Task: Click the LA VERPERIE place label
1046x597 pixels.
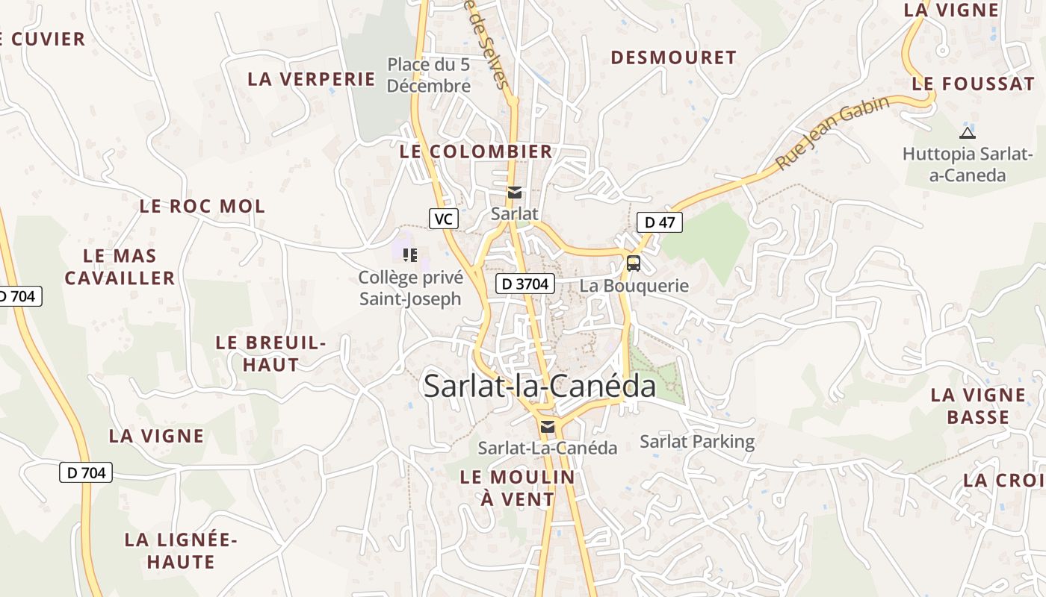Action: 311,78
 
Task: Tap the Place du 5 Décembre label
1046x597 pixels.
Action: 429,75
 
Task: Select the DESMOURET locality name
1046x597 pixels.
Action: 673,57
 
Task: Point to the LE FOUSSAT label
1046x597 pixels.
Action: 973,84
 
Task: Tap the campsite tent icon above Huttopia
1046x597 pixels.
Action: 967,133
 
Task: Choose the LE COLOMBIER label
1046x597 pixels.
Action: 476,151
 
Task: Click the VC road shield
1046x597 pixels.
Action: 444,219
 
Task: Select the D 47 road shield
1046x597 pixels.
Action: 660,222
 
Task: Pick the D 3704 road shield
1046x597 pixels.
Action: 525,284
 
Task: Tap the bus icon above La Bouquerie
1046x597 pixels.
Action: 633,263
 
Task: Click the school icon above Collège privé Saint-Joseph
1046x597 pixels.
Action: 410,255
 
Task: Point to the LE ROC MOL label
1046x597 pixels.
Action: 202,206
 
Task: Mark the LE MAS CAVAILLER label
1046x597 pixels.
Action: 120,267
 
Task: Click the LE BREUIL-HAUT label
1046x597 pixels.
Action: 270,354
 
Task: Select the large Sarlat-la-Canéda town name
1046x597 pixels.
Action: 539,386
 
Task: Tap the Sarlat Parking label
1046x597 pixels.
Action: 697,441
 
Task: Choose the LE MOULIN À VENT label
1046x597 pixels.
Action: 518,488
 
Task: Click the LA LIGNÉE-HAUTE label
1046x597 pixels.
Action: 181,550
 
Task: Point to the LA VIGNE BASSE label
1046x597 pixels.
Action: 978,406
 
